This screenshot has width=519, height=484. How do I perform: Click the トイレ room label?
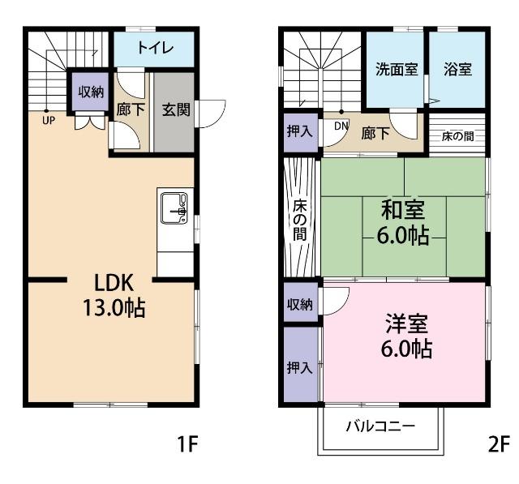pyautogui.click(x=154, y=48)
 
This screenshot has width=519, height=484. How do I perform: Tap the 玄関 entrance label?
pyautogui.click(x=175, y=109)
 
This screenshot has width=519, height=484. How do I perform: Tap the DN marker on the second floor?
pyautogui.click(x=341, y=126)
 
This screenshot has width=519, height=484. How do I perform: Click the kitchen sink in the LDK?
pyautogui.click(x=174, y=208)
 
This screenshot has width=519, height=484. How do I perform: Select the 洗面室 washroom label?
pyautogui.click(x=397, y=69)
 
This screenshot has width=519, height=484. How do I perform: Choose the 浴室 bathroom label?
pyautogui.click(x=458, y=69)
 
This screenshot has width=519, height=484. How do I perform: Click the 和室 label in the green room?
pyautogui.click(x=403, y=211)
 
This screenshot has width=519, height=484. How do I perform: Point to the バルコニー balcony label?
pyautogui.click(x=380, y=426)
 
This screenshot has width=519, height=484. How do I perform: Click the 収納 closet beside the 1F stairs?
pyautogui.click(x=91, y=92)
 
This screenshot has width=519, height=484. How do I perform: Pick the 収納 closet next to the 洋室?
pyautogui.click(x=300, y=305)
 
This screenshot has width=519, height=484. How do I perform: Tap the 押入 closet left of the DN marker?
pyautogui.click(x=300, y=131)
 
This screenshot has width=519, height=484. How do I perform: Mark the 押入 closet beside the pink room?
pyautogui.click(x=300, y=367)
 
